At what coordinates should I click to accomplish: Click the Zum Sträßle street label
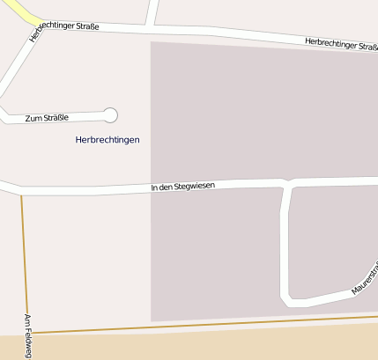[48, 117]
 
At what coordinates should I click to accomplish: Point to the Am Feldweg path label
[28, 335]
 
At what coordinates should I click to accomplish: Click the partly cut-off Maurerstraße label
[365, 278]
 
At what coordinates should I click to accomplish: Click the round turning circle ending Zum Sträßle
[110, 114]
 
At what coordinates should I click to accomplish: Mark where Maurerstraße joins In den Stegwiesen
[286, 183]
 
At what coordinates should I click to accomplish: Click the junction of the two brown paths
[28, 333]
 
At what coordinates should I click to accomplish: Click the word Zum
[33, 118]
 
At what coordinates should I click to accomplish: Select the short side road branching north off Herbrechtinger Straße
[152, 12]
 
